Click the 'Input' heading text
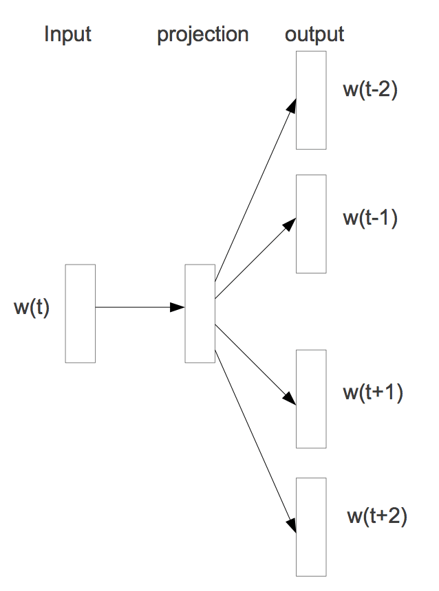coord(67,34)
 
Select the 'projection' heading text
coord(203,35)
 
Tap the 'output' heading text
coord(314,34)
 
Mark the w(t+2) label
coord(377,516)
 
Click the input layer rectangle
coord(80,313)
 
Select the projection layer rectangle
coord(200,313)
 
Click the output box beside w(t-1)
coord(311,223)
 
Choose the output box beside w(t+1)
coord(311,399)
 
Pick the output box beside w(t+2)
coord(311,526)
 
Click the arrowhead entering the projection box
coord(178,307)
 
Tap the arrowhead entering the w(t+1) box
coord(291,399)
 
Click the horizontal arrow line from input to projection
coord(134,307)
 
